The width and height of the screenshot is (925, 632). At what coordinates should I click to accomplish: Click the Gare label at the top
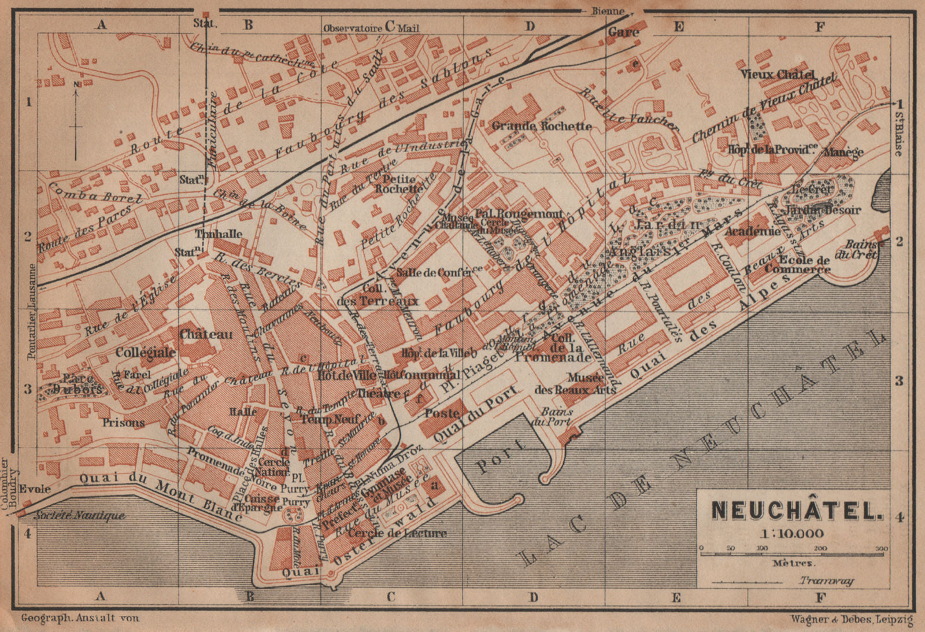(623, 32)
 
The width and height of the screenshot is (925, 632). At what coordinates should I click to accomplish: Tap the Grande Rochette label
(542, 125)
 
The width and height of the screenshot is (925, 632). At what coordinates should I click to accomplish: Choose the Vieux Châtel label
(778, 75)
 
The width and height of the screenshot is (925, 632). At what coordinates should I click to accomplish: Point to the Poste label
(442, 413)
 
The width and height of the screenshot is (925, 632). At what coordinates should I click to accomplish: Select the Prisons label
(124, 423)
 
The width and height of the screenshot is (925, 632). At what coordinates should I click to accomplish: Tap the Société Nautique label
(80, 515)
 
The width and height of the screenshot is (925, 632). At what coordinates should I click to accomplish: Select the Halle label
(243, 412)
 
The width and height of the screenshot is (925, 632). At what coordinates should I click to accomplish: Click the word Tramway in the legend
(827, 581)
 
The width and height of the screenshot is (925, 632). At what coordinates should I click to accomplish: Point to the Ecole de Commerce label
(797, 265)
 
